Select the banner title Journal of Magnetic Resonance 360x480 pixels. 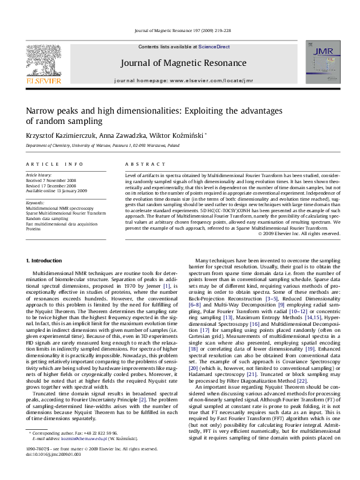click(179, 62)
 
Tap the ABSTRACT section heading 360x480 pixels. click(140, 164)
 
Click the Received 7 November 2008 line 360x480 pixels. click(52, 180)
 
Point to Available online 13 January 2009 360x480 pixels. click(56, 190)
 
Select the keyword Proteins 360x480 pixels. click(34, 229)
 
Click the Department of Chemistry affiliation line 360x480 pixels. click(102, 146)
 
